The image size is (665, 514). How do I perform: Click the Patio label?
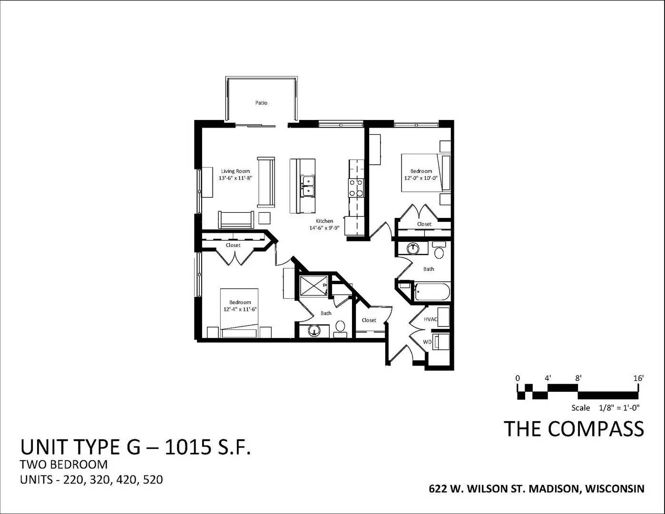coord(261,103)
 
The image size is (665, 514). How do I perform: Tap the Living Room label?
coord(235,171)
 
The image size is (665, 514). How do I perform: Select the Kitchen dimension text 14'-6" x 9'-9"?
coord(324,228)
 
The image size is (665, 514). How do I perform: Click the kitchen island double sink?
coord(308,186)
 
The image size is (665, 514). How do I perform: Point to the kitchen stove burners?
coord(356,188)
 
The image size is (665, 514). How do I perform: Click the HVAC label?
coord(430,319)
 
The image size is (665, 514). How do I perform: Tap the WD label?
coord(427,342)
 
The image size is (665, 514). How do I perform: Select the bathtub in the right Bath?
coord(431,292)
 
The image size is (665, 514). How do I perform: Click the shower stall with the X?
coord(313,286)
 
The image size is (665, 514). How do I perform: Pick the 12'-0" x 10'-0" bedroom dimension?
coord(421,178)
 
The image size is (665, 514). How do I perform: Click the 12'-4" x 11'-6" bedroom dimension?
coord(240,309)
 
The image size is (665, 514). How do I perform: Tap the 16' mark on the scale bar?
coord(638,378)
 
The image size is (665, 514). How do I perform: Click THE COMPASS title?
coord(574,429)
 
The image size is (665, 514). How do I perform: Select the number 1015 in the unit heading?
coord(188,447)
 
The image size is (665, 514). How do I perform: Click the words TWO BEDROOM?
coord(64,465)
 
